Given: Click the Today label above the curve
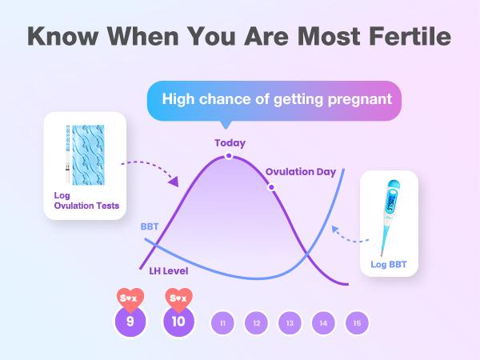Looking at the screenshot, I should coord(230,143).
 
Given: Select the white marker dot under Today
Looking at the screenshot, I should coord(229,156).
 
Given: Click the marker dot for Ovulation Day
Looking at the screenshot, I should coord(271,187).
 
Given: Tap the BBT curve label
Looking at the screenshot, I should coord(150,226).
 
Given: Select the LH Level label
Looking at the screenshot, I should coord(168,270).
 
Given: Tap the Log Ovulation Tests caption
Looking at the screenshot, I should coord(82,201).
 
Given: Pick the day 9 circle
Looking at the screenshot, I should coord(130,322).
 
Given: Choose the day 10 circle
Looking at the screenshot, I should coord(178,322).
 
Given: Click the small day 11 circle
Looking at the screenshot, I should coord(222,323).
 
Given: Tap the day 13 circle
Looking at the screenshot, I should coord(290,323).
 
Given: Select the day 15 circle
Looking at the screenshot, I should coord(357,323).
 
